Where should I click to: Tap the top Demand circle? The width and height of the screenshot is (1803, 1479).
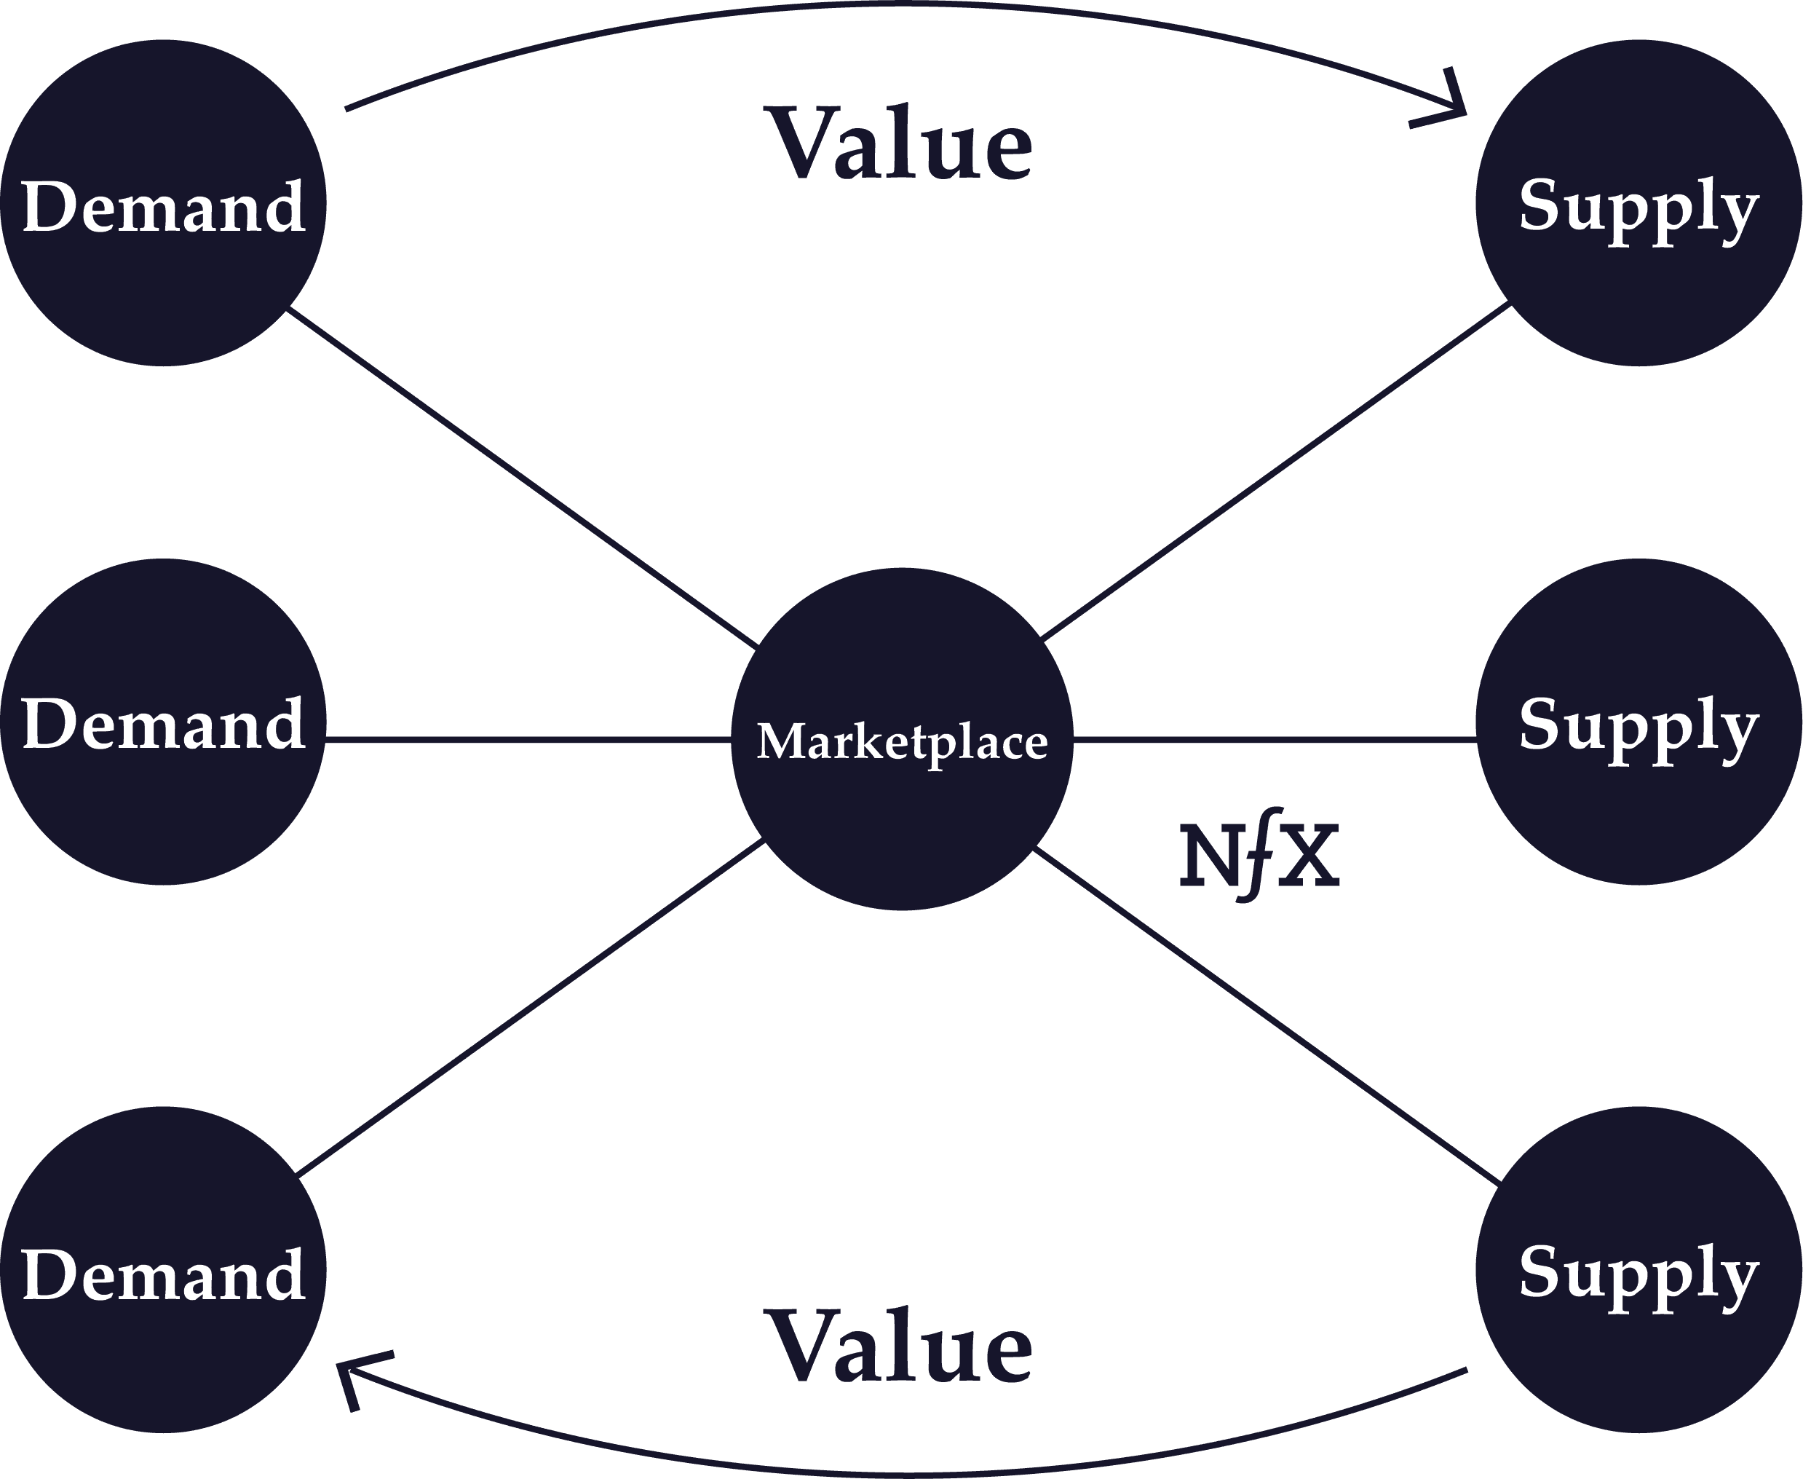pos(162,202)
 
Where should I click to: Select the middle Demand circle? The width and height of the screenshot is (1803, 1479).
pos(162,722)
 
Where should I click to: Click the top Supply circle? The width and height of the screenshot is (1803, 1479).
pos(1638,202)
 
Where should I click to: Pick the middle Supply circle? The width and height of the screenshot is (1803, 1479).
pos(1638,722)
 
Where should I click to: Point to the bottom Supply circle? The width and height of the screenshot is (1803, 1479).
pos(1638,1269)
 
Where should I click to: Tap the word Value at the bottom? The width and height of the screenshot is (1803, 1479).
pos(901,1346)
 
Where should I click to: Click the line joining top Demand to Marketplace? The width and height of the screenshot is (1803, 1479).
pos(521,477)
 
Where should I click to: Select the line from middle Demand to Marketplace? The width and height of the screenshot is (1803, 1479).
pos(528,740)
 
